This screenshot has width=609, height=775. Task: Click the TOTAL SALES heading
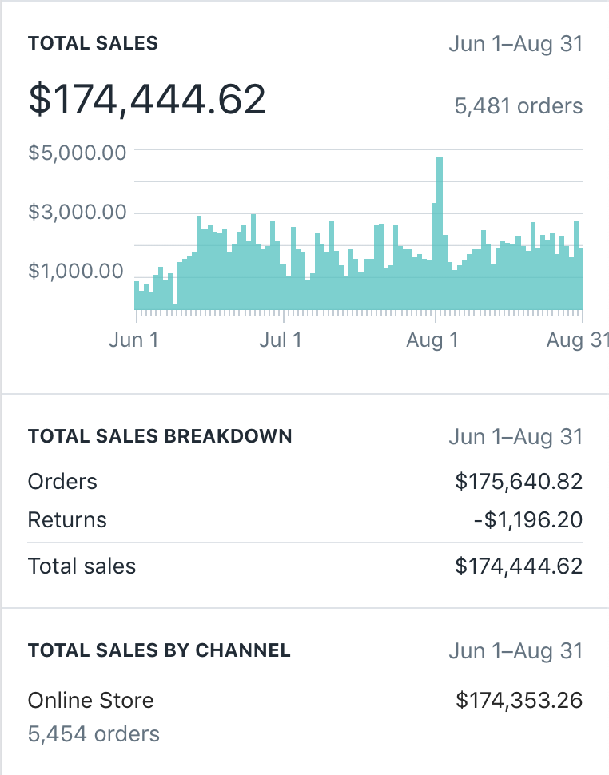pos(93,43)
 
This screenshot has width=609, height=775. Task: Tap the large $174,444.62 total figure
pos(147,100)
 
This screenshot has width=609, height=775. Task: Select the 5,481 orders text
pos(518,105)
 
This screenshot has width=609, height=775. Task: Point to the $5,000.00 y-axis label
pos(78,152)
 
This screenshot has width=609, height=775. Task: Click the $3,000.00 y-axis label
pos(78,213)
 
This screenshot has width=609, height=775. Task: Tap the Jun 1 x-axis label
pos(133,340)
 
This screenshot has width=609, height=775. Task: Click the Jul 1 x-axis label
pos(281,340)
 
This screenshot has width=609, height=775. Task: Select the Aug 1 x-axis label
pos(432,340)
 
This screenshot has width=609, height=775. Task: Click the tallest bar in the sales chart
pos(439,232)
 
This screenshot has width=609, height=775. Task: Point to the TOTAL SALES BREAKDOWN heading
pos(160,436)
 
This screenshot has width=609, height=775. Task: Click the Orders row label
pos(62,482)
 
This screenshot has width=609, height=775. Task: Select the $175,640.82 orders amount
pos(519,482)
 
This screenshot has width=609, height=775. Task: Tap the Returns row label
pos(67,520)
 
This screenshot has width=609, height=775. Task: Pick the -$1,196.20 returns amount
pos(527,520)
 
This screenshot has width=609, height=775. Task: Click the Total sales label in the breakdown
pos(82,566)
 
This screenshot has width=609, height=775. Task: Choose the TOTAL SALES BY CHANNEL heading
pos(159,650)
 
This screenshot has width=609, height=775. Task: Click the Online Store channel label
pos(91,701)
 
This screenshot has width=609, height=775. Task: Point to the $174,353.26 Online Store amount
pos(519,701)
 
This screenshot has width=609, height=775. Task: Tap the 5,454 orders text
pos(94,734)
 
